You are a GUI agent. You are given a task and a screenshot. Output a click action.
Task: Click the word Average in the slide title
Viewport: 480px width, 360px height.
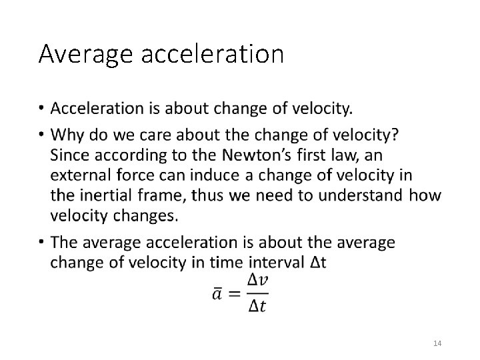pos(86,54)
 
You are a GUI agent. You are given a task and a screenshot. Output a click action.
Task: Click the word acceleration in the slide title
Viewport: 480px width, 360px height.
pos(213,54)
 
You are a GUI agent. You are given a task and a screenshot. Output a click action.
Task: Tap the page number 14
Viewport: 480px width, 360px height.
pos(437,343)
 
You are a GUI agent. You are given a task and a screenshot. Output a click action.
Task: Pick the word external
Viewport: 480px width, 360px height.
pos(78,175)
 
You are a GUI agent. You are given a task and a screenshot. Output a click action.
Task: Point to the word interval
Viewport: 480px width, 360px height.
pos(277,262)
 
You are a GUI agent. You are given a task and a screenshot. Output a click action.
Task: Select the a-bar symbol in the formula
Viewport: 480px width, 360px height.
pos(218,293)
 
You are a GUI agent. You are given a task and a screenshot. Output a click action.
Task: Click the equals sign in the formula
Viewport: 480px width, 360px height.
pos(234,294)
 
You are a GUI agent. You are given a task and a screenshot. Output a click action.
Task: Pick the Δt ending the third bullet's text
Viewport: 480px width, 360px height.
pos(319,262)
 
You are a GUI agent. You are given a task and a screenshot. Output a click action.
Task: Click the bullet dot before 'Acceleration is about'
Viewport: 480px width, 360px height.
pos(41,109)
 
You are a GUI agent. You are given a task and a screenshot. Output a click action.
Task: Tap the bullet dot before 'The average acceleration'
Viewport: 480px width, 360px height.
pos(41,243)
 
